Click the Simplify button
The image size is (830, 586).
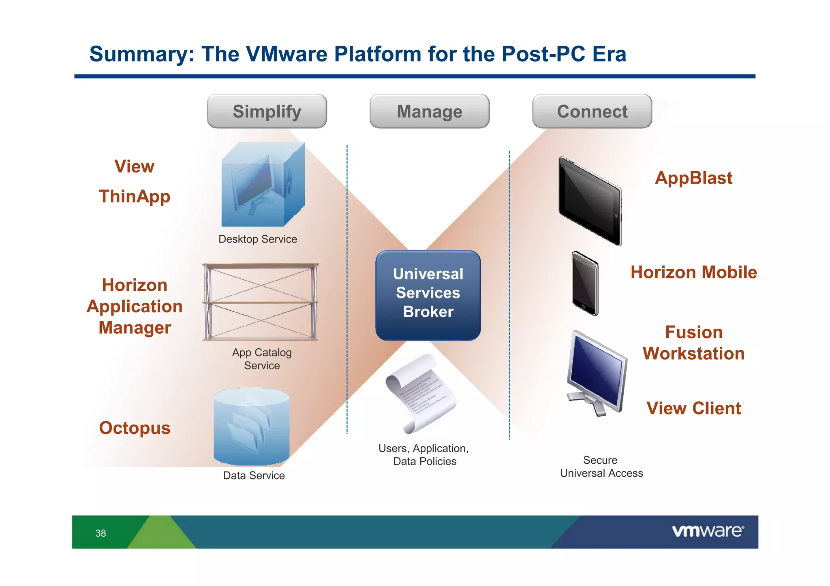point(267,111)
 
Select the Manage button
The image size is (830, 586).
point(429,111)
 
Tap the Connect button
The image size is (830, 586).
point(592,111)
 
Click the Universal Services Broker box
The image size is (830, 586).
point(428,295)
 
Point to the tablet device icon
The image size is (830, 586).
point(590,201)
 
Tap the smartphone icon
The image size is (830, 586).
point(584,283)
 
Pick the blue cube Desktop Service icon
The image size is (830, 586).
point(262,185)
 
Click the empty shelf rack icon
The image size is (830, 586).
point(261,302)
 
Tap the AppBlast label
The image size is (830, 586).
point(693,178)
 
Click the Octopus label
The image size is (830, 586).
point(135,428)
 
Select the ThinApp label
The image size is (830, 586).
point(135,196)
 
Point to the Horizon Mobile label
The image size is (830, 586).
point(693,272)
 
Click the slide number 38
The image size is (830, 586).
point(101,533)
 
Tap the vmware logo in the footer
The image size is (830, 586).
point(708,531)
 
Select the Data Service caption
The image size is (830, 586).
point(254,475)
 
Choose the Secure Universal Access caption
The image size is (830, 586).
point(601,467)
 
